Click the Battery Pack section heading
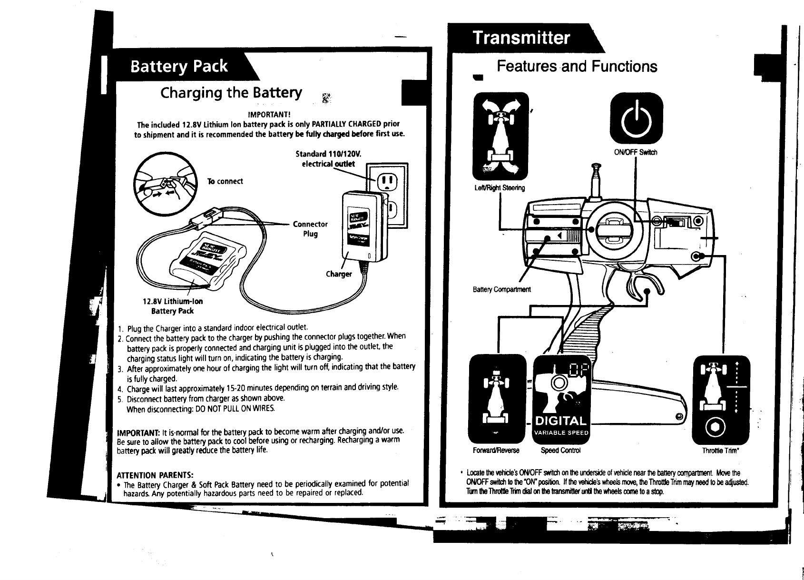coord(179,67)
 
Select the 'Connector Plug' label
coord(310,229)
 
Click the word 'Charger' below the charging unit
coord(339,274)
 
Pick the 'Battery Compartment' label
coord(501,289)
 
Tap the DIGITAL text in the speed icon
coord(560,421)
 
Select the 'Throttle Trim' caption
coord(720,450)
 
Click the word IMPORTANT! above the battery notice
coord(269,115)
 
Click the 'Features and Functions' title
coord(577,66)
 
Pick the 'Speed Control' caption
coord(561,450)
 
